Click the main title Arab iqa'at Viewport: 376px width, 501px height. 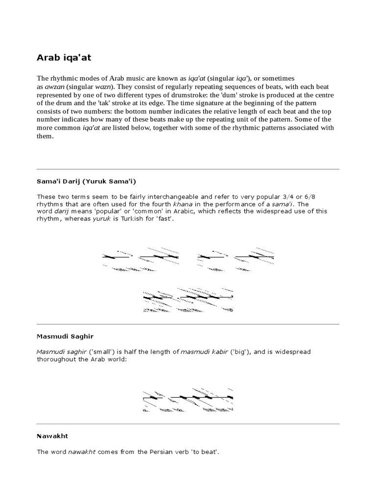click(64, 58)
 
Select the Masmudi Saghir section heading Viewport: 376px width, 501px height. click(65, 337)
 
